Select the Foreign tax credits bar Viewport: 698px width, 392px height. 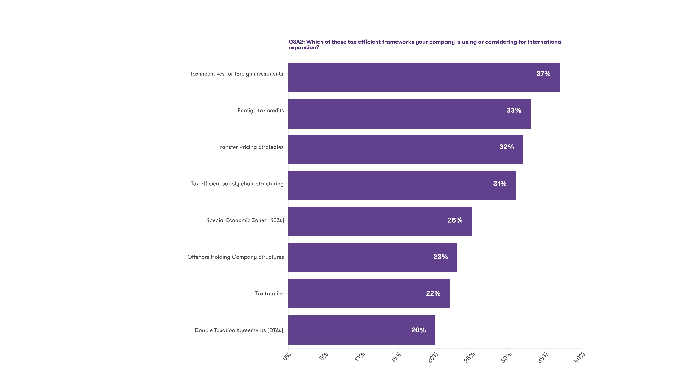click(x=409, y=114)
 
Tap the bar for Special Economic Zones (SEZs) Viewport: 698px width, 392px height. click(x=380, y=222)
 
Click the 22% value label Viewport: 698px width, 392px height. click(x=433, y=293)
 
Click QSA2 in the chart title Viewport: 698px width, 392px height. click(x=296, y=42)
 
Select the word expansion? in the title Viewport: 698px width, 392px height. click(x=303, y=48)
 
